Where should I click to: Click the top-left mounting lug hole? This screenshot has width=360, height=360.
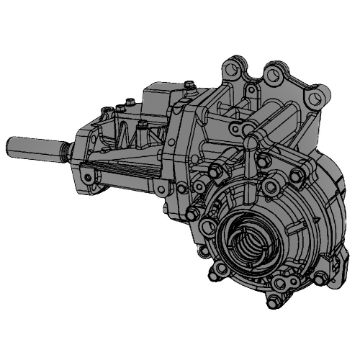point(229,71)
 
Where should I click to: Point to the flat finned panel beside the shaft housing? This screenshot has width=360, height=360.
point(126,173)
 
